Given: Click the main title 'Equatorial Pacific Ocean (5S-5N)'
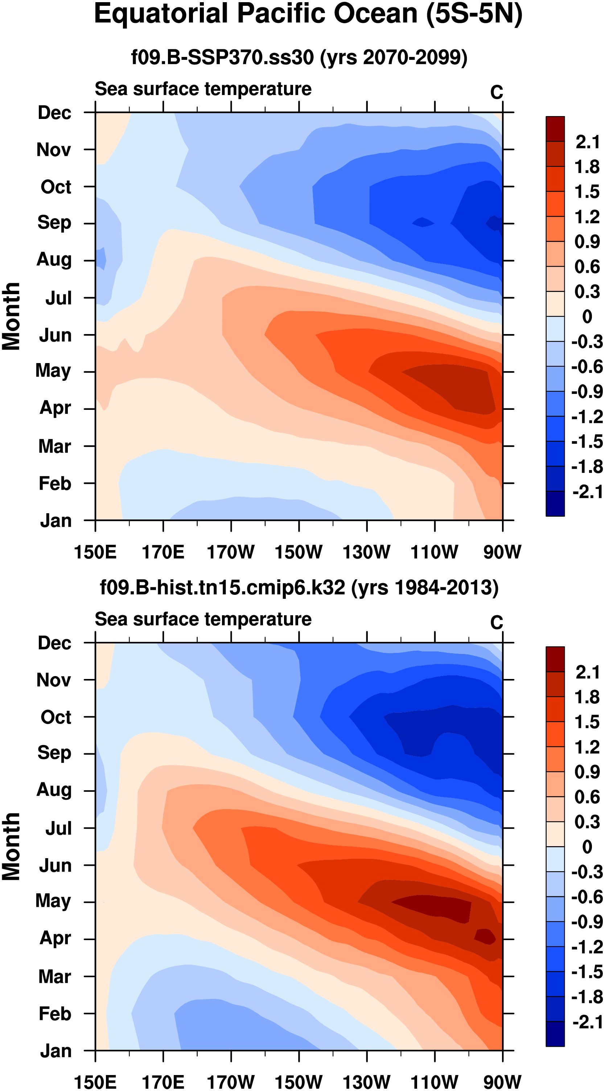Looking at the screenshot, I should click(308, 15).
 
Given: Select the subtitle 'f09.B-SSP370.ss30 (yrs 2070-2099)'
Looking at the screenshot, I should click(299, 57).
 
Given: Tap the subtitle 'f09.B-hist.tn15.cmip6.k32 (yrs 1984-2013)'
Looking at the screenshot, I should click(299, 588).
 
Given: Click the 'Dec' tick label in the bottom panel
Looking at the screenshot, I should click(55, 643).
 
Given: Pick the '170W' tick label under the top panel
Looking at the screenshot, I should click(231, 552).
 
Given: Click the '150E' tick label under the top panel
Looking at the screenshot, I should click(95, 552).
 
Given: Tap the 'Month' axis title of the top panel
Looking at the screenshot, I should click(12, 316).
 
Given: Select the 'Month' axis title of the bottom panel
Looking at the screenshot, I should click(12, 847).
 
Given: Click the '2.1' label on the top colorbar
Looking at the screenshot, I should click(587, 142).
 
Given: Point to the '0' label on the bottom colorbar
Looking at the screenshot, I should click(587, 847).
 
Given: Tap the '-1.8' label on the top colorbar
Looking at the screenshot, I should click(587, 467).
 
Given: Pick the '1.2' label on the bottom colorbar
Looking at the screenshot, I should click(587, 747).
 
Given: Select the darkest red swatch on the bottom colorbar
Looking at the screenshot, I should click(555, 659).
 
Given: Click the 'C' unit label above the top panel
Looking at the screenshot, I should click(497, 92).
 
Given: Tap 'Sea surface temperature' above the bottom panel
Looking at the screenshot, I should click(203, 619).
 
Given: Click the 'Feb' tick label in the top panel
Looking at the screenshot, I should click(55, 483).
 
